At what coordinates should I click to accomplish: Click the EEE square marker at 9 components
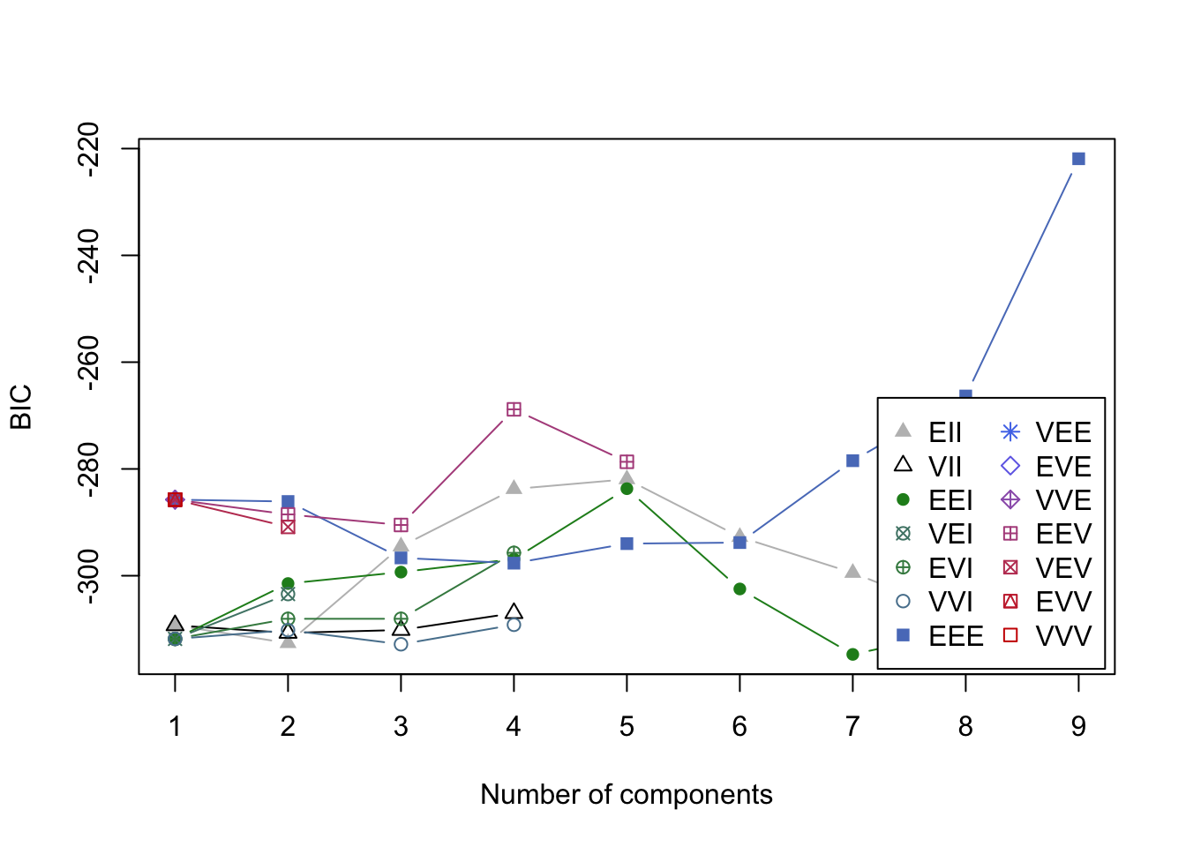(x=1078, y=159)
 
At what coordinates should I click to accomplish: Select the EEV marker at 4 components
(x=514, y=409)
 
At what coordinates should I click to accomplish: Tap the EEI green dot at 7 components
(x=852, y=654)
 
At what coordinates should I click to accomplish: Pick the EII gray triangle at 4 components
(x=514, y=487)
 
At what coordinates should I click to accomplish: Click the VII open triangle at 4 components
(x=514, y=611)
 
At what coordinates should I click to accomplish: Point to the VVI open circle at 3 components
(x=401, y=644)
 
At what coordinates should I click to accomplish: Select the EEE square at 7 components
(x=852, y=461)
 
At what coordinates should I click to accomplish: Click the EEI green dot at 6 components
(x=739, y=588)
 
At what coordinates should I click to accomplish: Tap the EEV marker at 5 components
(x=627, y=461)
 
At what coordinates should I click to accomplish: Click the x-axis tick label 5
(x=627, y=726)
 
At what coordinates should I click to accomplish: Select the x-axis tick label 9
(x=1078, y=726)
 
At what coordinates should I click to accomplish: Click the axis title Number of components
(x=627, y=794)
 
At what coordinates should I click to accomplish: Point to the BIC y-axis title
(x=21, y=407)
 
